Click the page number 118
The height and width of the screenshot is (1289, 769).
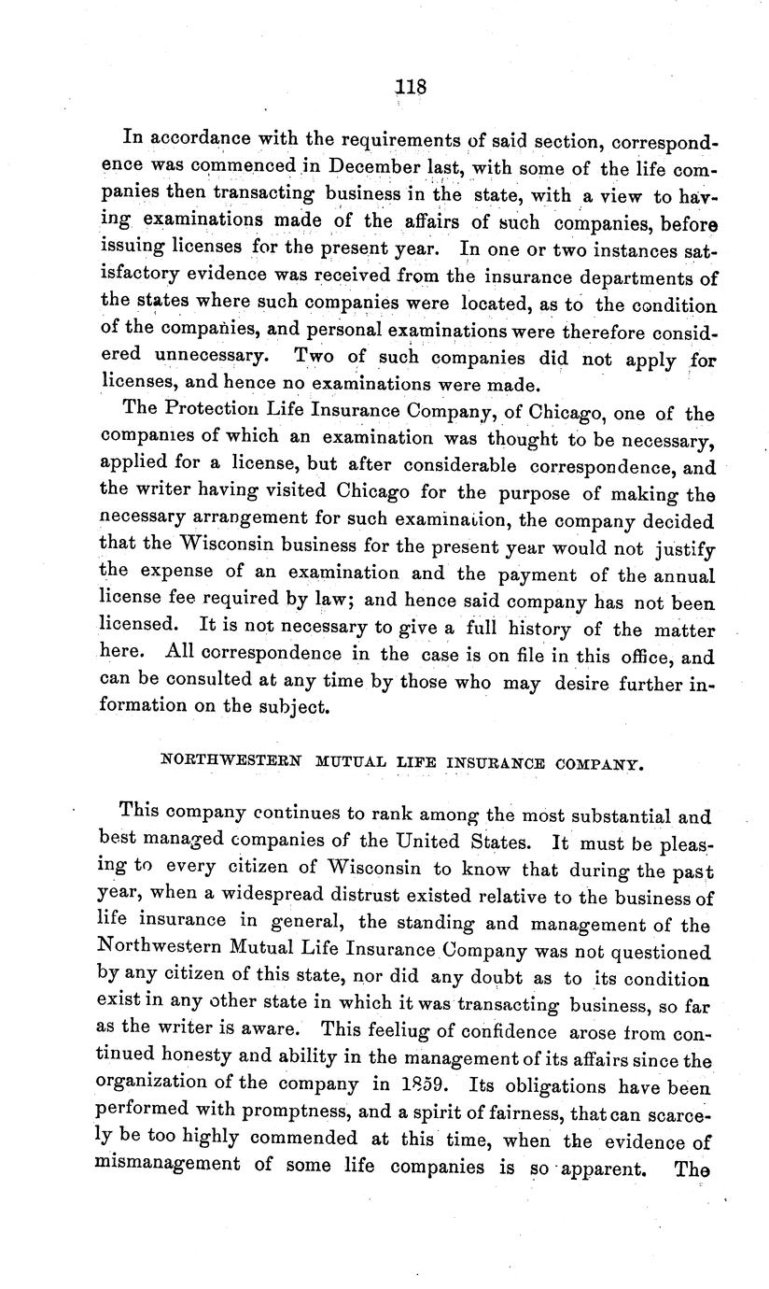point(411,86)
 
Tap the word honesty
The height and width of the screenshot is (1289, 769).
point(210,1061)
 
